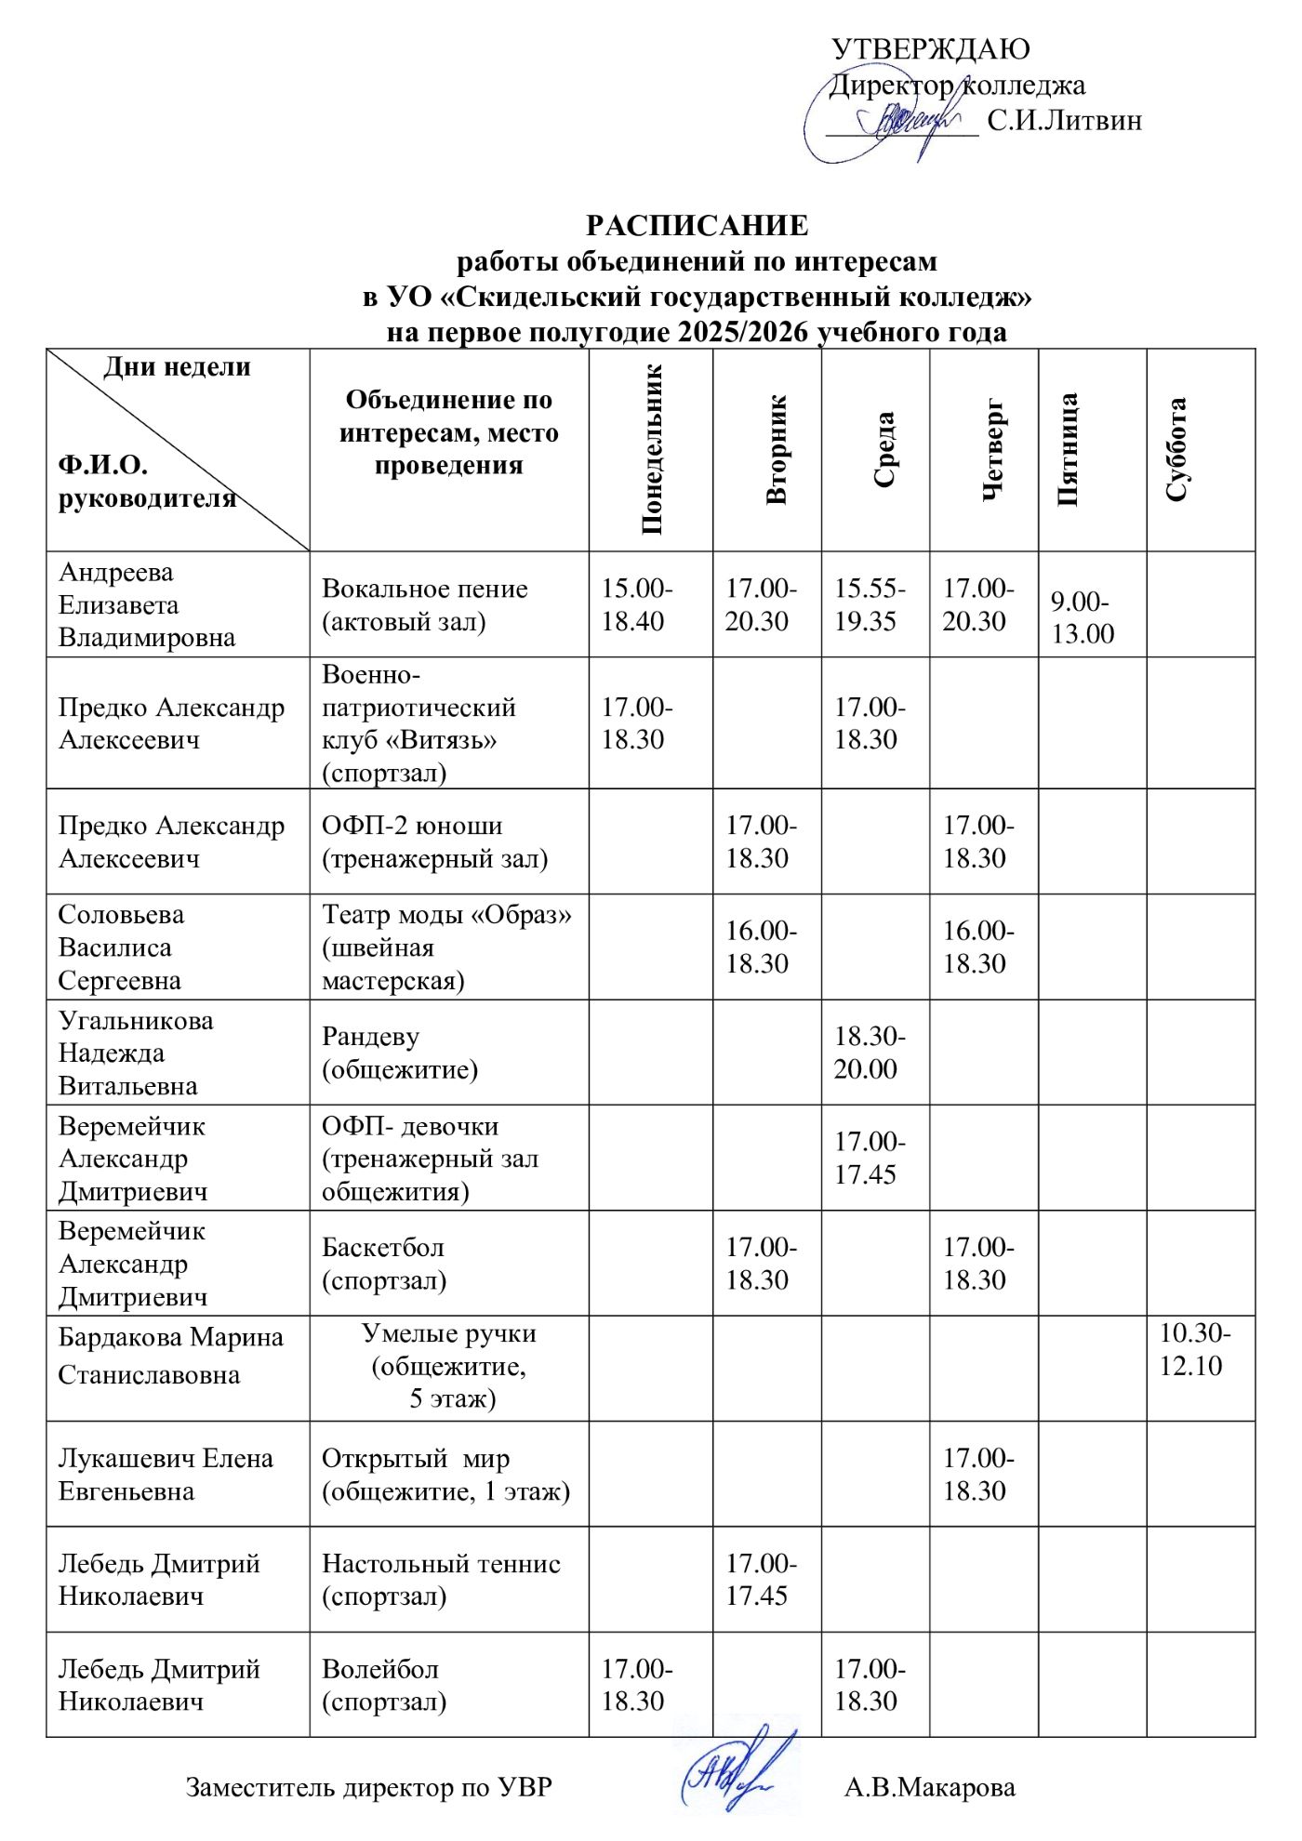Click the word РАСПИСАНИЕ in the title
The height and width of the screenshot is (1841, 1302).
click(x=697, y=226)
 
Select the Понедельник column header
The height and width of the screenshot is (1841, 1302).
click(x=652, y=449)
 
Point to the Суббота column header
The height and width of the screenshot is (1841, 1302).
click(x=1176, y=449)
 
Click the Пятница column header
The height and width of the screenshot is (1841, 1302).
click(x=1068, y=449)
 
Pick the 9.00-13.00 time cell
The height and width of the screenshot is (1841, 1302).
click(x=1083, y=617)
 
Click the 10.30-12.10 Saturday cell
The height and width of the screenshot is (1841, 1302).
click(x=1194, y=1349)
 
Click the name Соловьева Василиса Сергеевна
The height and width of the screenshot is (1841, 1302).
click(x=121, y=947)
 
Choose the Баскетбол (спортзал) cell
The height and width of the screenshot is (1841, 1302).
click(x=383, y=1264)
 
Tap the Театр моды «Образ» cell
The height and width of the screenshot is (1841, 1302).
click(x=446, y=947)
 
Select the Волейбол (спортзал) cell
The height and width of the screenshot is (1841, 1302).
click(x=383, y=1685)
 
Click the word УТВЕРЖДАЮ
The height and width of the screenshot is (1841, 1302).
click(x=930, y=49)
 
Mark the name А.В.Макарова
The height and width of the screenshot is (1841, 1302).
click(x=929, y=1787)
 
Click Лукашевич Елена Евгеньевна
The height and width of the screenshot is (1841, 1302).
click(x=166, y=1475)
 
